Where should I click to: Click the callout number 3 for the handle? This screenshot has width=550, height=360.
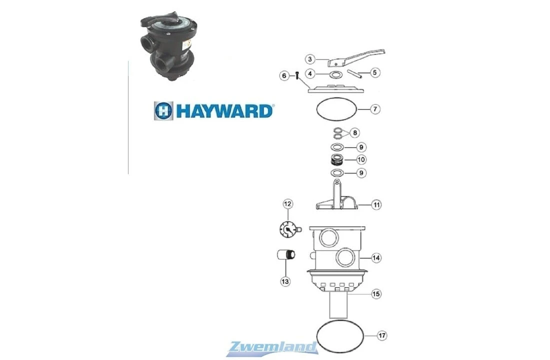click(310, 59)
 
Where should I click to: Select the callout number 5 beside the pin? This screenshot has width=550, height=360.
click(375, 72)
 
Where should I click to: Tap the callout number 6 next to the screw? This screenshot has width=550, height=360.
click(284, 75)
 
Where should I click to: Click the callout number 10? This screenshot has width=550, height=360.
click(376, 160)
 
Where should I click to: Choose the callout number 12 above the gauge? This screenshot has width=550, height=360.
click(287, 204)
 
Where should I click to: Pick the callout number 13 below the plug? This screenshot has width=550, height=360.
click(285, 281)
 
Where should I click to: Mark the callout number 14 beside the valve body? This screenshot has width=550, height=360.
click(376, 258)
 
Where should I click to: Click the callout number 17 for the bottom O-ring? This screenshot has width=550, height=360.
click(376, 334)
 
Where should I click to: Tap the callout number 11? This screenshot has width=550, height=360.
click(376, 204)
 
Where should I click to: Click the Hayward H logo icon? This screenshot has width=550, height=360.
click(163, 110)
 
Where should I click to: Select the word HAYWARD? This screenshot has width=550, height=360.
click(223, 110)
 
